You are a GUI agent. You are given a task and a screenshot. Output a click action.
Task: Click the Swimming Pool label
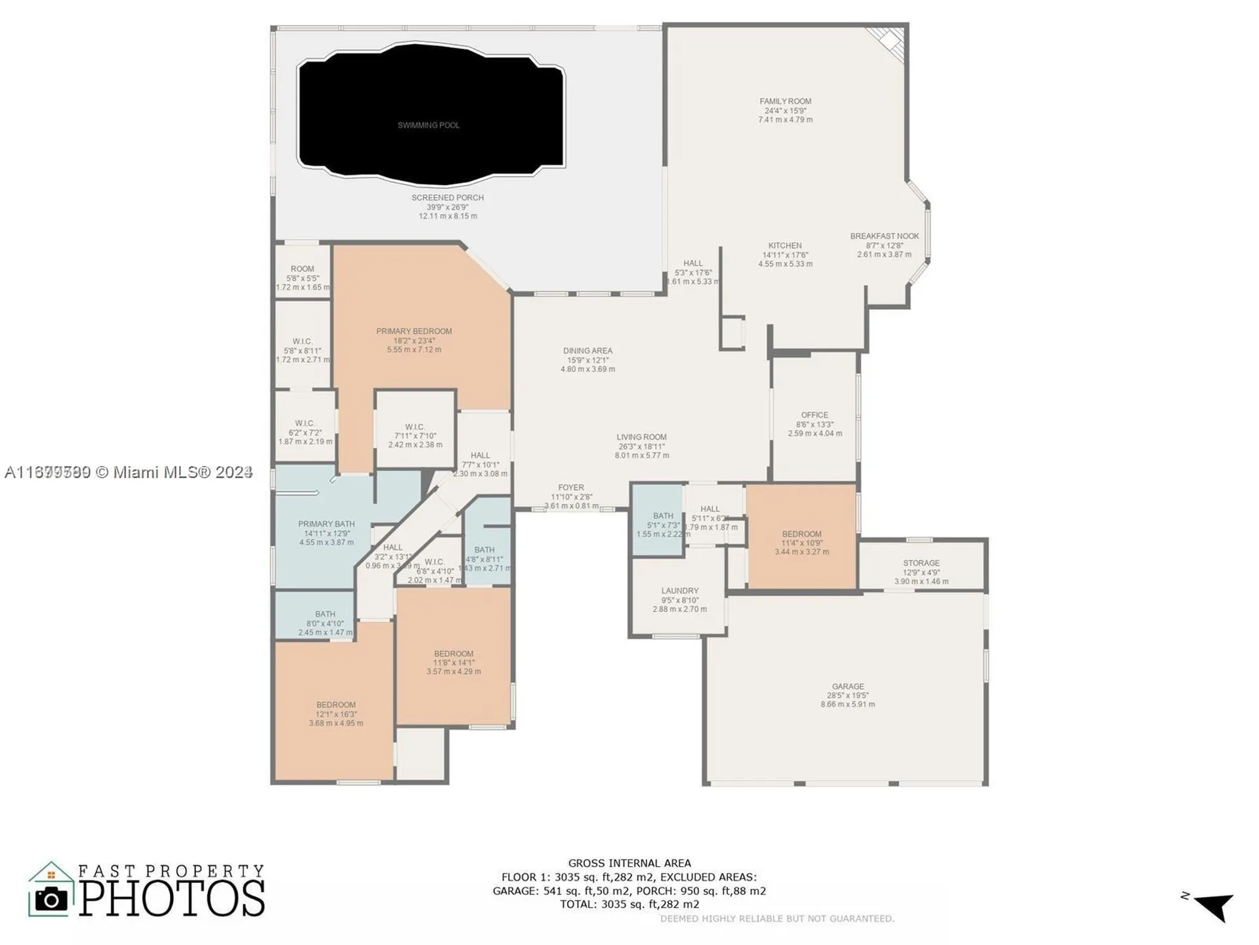pos(428,125)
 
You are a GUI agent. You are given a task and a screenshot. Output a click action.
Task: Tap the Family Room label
pos(785,102)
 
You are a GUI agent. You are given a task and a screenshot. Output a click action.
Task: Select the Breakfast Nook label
pos(884,236)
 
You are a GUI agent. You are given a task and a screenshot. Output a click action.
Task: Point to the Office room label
pos(814,415)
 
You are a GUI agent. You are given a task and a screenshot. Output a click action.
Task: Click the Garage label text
pos(848,686)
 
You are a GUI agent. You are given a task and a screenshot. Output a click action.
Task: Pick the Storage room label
pos(921,563)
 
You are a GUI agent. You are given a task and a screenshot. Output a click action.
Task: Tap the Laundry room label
pos(679,591)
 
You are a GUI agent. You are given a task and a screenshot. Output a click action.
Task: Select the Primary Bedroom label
pos(414,331)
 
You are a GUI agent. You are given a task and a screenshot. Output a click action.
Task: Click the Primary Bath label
pos(326,524)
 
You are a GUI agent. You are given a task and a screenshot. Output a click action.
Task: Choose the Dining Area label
pos(588,351)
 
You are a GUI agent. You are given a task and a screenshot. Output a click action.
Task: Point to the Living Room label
pos(641,437)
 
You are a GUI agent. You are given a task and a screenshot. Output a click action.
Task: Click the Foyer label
pos(570,488)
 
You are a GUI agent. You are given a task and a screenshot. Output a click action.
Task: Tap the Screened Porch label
pos(447,198)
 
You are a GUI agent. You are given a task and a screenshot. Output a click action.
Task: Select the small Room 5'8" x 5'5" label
pos(302,269)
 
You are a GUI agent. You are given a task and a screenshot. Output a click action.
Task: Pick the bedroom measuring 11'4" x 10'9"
pos(801,534)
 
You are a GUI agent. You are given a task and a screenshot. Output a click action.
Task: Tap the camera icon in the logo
pos(51,898)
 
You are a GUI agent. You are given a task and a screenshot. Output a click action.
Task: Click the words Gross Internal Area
pos(629,863)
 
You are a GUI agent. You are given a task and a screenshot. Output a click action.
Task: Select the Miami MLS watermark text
pos(129,472)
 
